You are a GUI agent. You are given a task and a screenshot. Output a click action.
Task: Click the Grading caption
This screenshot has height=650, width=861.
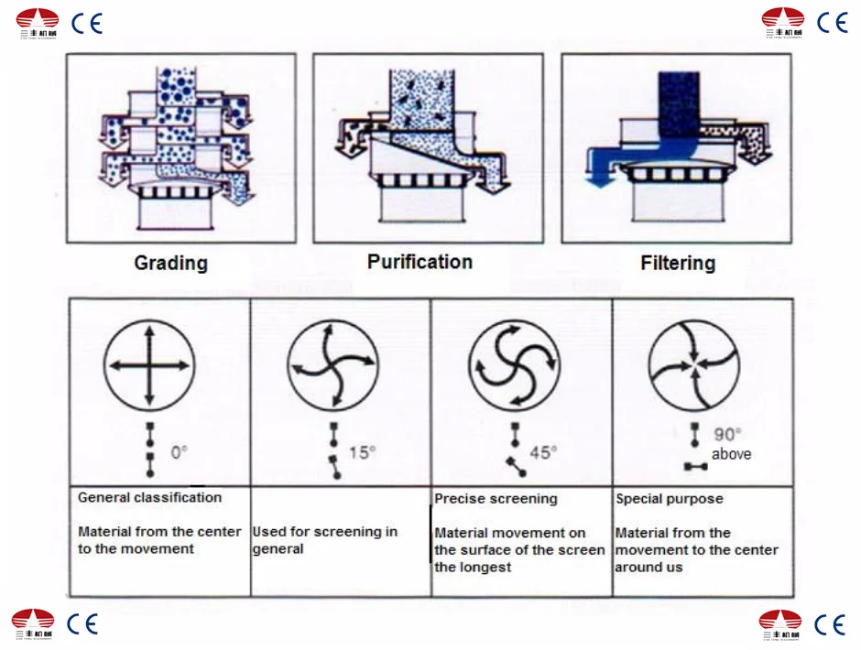point(171,264)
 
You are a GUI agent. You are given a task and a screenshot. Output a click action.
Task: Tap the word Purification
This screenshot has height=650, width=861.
point(420,262)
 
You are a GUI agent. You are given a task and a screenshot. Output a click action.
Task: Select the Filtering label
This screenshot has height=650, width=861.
point(678,264)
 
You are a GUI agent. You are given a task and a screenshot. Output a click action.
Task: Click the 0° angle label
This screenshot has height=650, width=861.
point(179,452)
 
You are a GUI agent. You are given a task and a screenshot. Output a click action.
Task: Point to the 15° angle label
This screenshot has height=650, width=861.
point(362,452)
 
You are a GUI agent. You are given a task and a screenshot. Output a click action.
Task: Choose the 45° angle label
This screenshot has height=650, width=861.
point(543,452)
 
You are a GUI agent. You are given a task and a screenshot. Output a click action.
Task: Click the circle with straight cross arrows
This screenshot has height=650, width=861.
point(149,365)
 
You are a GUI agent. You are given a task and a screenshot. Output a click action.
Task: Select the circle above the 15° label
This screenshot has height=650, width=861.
point(332,365)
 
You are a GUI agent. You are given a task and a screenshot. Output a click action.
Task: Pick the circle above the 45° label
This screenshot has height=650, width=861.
point(514,365)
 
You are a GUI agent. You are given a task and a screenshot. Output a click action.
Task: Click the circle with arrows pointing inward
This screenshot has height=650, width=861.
point(694,365)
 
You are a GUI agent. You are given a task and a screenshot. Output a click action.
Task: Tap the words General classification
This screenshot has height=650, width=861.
point(149,498)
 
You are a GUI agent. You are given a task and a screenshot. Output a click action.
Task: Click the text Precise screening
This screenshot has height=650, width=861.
point(496,499)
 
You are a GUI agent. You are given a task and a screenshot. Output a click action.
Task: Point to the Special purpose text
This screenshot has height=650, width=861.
point(670,499)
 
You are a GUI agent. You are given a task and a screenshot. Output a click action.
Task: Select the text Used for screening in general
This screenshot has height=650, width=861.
point(324,540)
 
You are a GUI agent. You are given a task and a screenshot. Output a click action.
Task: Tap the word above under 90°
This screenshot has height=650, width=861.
point(731,454)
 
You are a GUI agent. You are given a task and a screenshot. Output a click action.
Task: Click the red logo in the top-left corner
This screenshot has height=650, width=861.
point(38,20)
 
